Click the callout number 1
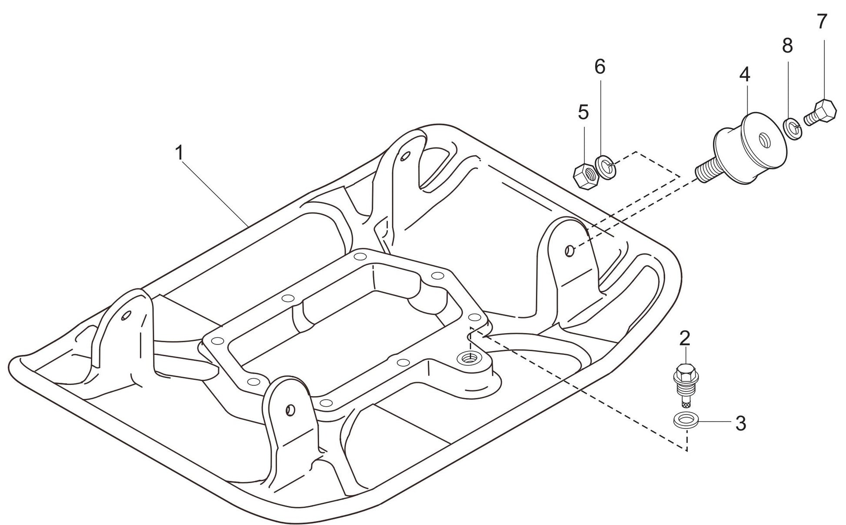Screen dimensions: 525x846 [x=180, y=153]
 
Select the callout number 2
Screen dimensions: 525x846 [x=685, y=338]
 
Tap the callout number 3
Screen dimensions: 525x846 [x=741, y=423]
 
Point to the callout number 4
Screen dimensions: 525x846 [x=745, y=75]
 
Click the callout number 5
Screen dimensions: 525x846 [x=583, y=112]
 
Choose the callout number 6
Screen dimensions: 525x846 [x=600, y=67]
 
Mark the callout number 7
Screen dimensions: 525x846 [x=821, y=22]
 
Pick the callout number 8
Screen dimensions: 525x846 [x=787, y=46]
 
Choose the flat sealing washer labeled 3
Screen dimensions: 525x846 [x=684, y=420]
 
